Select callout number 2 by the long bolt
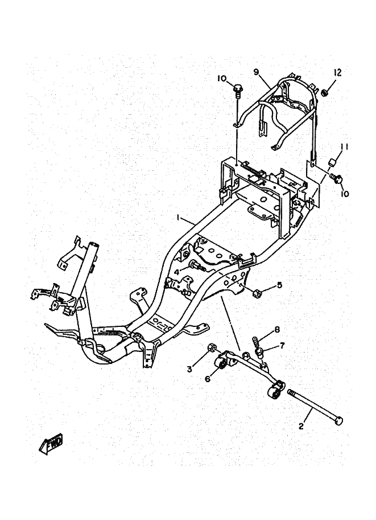point(302,425)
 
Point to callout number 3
point(189,369)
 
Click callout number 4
point(177,272)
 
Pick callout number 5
point(279,285)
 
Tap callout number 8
point(277,330)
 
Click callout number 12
point(337,72)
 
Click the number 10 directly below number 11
point(345,194)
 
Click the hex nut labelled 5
point(257,293)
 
